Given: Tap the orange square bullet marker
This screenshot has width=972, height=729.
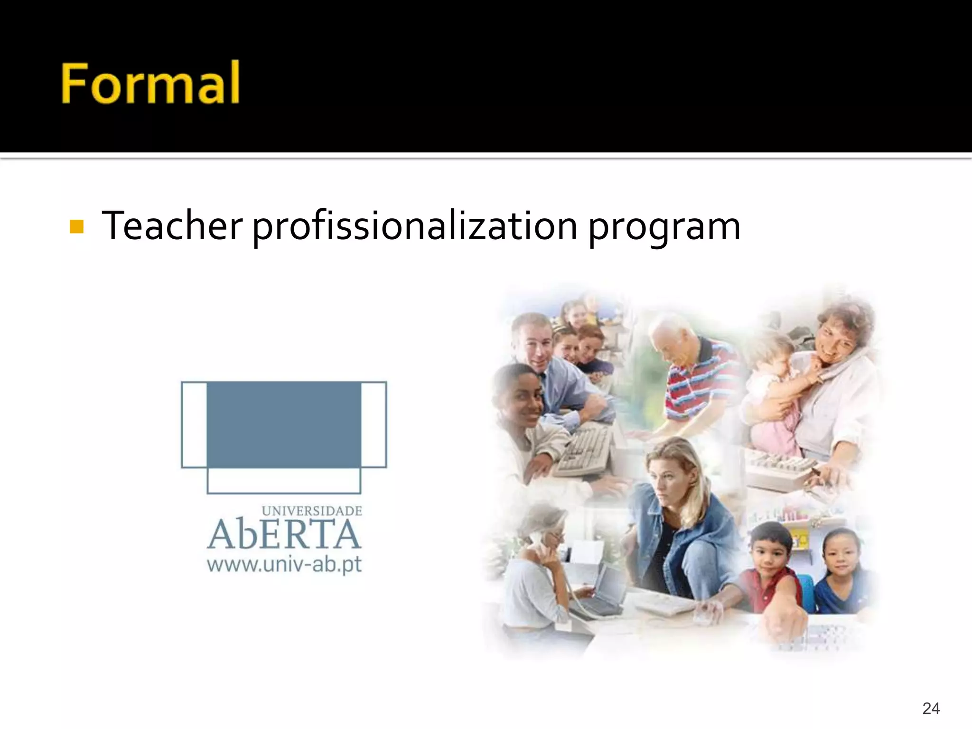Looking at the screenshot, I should pos(76,226).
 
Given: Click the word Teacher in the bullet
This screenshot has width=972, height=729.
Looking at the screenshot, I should pos(172,225).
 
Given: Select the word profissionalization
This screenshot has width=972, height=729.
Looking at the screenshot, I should pos(414,226).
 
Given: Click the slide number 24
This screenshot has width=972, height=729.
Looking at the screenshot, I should pos(931,708).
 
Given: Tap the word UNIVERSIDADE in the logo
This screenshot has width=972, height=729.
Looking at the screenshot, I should pos(312,511).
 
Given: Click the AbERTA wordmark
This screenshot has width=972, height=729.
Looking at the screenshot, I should pos(284,534).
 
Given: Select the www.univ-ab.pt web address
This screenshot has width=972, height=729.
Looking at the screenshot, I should pos(284,565).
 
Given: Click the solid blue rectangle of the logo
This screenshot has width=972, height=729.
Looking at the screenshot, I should pos(284,424).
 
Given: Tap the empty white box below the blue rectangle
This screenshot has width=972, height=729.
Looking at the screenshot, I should pos(284,480).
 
